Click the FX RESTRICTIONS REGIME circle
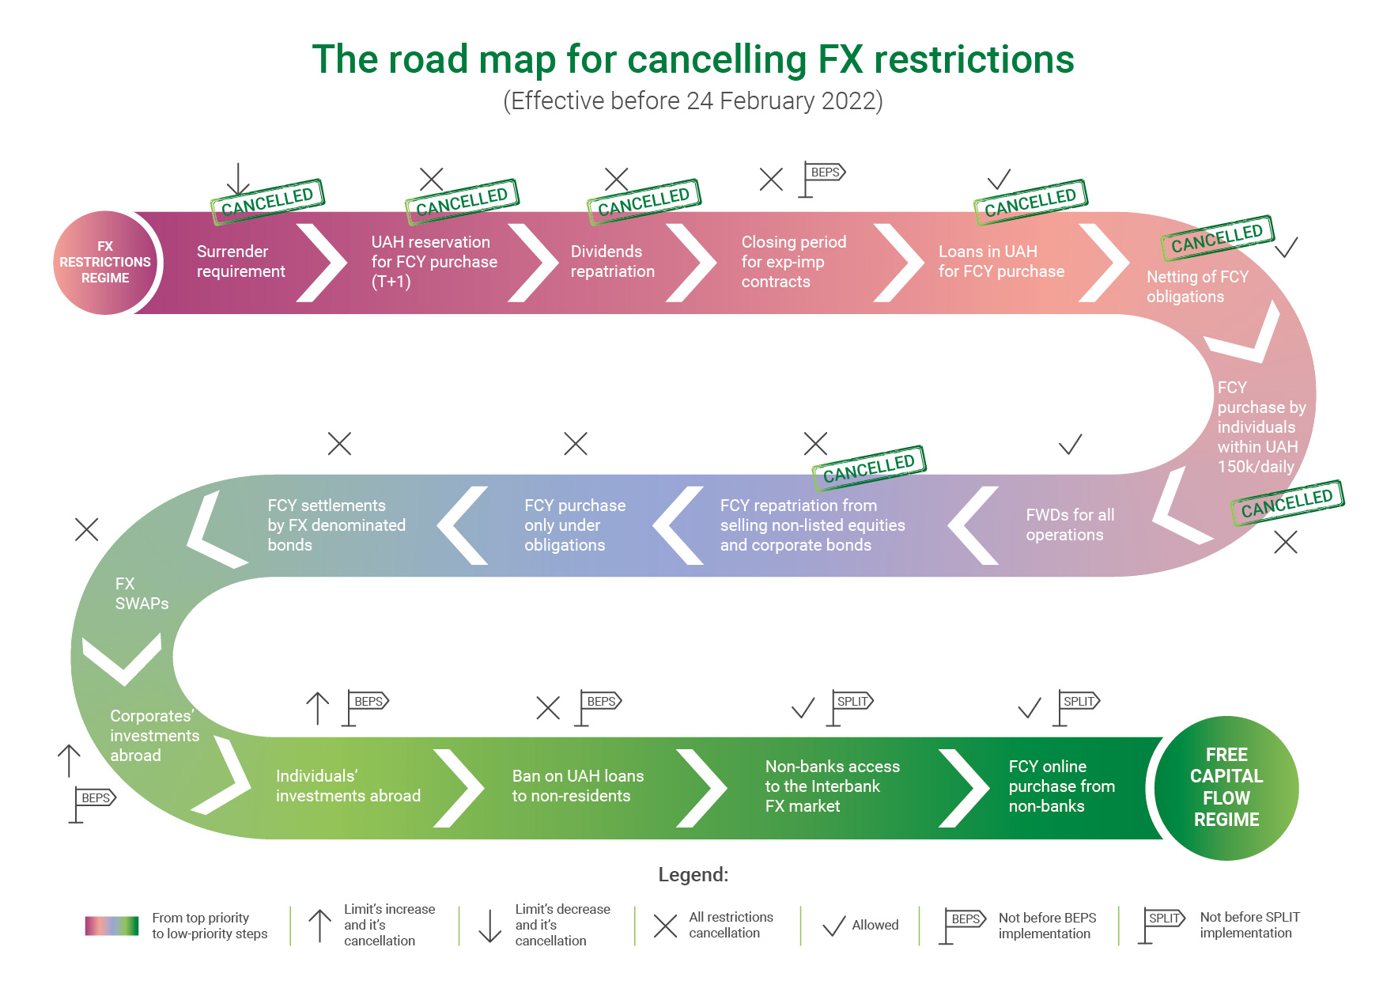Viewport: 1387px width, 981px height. pos(105,263)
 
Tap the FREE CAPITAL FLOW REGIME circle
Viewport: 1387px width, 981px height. pos(1226,788)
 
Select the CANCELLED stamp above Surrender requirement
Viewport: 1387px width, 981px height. pos(267,201)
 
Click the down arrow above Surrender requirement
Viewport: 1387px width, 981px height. pos(238,179)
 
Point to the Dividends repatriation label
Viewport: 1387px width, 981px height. pos(612,262)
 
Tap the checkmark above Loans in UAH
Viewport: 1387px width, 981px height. pos(1000,180)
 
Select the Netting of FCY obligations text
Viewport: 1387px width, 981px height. pos(1197,286)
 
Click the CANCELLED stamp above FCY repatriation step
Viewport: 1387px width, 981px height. pos(868,468)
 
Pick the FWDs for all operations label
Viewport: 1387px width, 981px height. pos(1069,525)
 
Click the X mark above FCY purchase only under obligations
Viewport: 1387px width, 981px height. pos(576,444)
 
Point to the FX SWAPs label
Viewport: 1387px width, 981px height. pos(142,593)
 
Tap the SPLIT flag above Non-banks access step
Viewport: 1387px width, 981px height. pos(851,706)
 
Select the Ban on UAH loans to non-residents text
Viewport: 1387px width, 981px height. pos(577,786)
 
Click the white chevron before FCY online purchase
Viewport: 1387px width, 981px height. pos(964,788)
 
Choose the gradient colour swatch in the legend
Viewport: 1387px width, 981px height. pos(111,926)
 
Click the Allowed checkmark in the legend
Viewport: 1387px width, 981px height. pos(833,926)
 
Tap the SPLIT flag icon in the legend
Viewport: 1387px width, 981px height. pos(1162,923)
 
